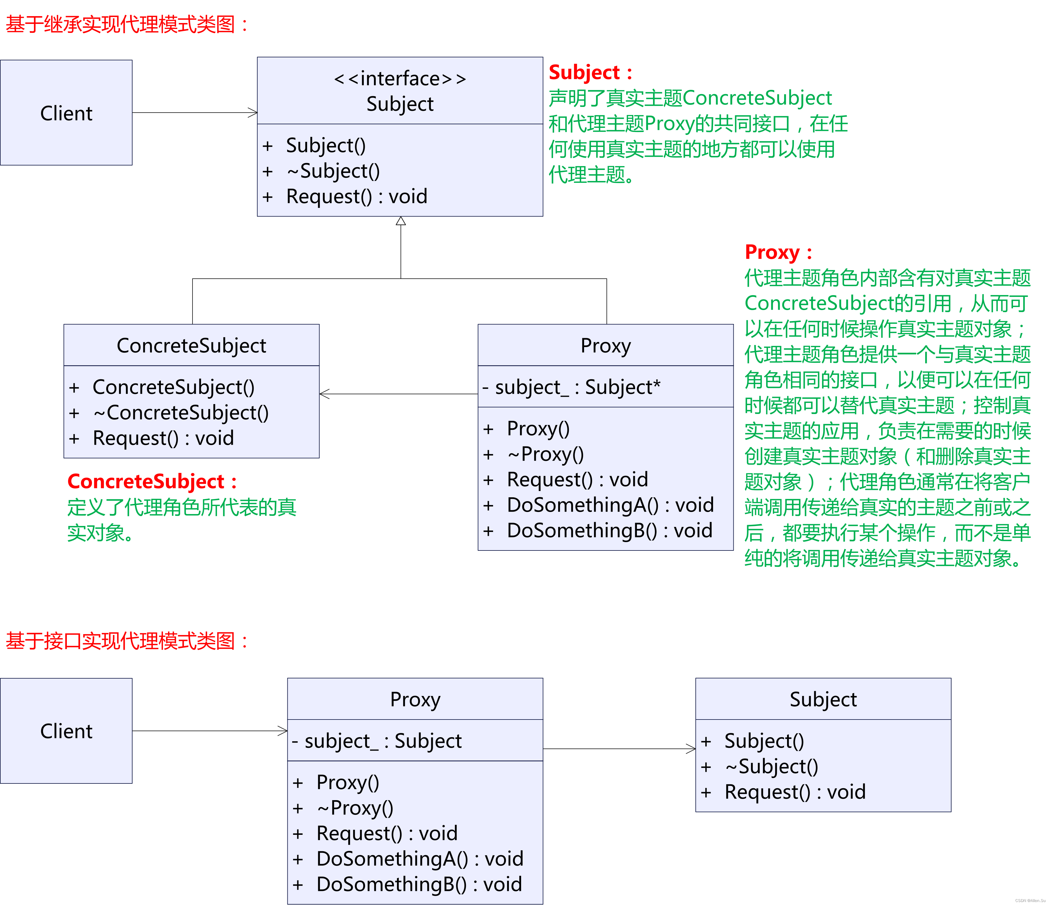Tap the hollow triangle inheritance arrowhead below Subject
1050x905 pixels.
[x=401, y=221]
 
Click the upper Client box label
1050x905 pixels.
[x=66, y=113]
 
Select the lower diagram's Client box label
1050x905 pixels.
[x=66, y=731]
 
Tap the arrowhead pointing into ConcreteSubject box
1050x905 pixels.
[x=324, y=394]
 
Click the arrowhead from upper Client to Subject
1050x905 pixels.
[x=253, y=113]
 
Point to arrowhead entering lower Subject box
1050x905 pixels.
[x=691, y=749]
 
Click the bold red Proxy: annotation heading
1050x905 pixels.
[x=778, y=252]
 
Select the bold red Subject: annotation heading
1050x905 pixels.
[x=590, y=73]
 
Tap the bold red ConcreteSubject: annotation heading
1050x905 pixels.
[x=152, y=482]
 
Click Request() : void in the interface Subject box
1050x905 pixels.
[x=356, y=197]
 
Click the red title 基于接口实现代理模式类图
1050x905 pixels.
[x=127, y=641]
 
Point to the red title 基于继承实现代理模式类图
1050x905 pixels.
[x=127, y=24]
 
